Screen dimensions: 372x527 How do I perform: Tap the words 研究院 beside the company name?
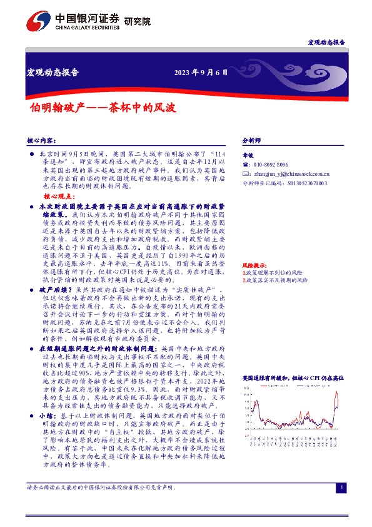138,21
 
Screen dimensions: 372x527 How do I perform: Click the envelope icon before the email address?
245,173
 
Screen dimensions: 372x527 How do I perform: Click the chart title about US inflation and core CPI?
293,378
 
